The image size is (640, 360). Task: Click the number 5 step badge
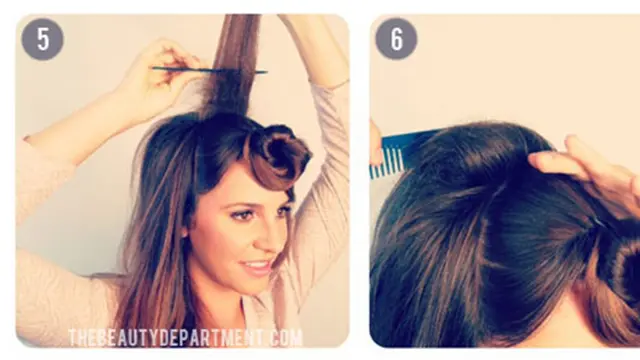click(42, 39)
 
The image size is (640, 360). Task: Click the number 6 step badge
click(396, 39)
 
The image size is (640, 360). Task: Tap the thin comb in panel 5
click(209, 70)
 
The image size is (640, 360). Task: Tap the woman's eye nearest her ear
click(242, 215)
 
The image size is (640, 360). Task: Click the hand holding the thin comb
click(165, 73)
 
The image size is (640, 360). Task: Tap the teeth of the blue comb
click(386, 163)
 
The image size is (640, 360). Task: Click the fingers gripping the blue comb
click(376, 143)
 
